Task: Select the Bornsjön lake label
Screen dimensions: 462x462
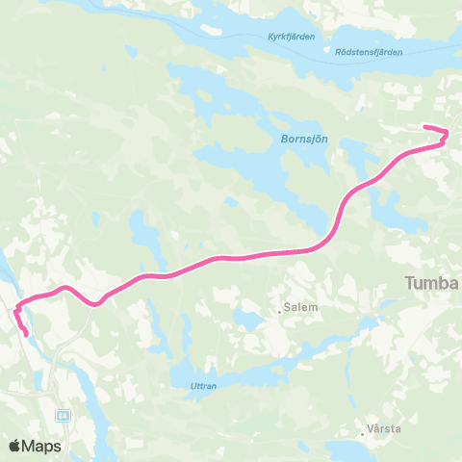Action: coord(304,140)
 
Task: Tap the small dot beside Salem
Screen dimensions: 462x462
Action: coord(278,310)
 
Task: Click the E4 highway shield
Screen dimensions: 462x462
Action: coord(62,416)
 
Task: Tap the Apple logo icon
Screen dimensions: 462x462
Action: coord(15,446)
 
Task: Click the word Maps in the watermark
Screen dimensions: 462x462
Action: coord(42,446)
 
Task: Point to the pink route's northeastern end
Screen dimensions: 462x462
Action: coord(425,127)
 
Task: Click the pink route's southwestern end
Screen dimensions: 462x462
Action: coord(25,335)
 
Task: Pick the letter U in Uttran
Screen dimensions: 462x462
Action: coord(182,386)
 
